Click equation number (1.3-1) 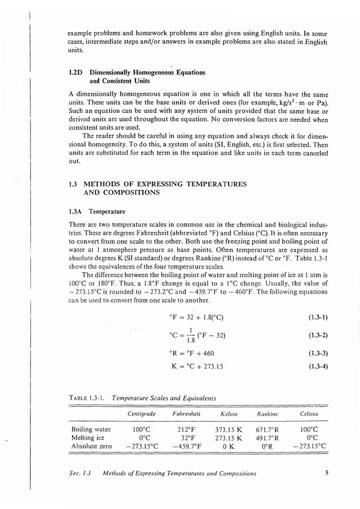(x=318, y=317)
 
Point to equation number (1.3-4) (x=318, y=366)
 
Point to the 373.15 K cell (x=229, y=429)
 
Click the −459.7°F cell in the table (x=180, y=446)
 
